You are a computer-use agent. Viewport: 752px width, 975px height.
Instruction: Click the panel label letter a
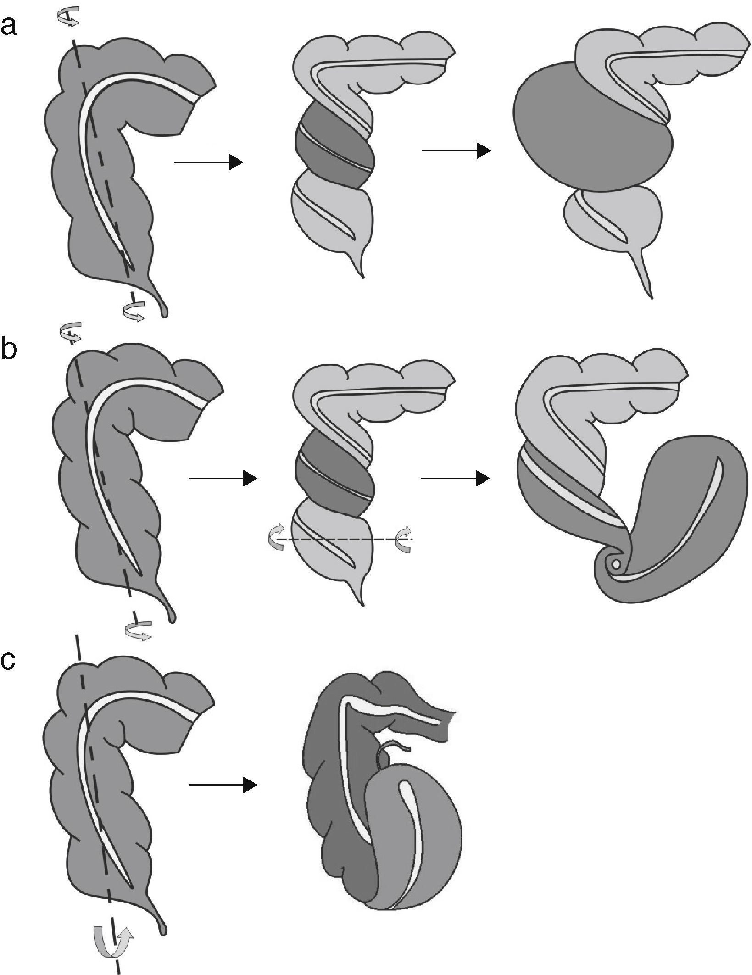pyautogui.click(x=9, y=26)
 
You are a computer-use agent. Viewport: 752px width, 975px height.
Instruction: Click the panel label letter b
pyautogui.click(x=9, y=350)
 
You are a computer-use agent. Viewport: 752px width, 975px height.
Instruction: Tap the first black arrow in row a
pyautogui.click(x=208, y=162)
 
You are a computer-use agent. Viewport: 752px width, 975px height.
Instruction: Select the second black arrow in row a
pyautogui.click(x=456, y=150)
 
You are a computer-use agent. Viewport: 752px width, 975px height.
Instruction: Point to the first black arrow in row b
pyautogui.click(x=223, y=479)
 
